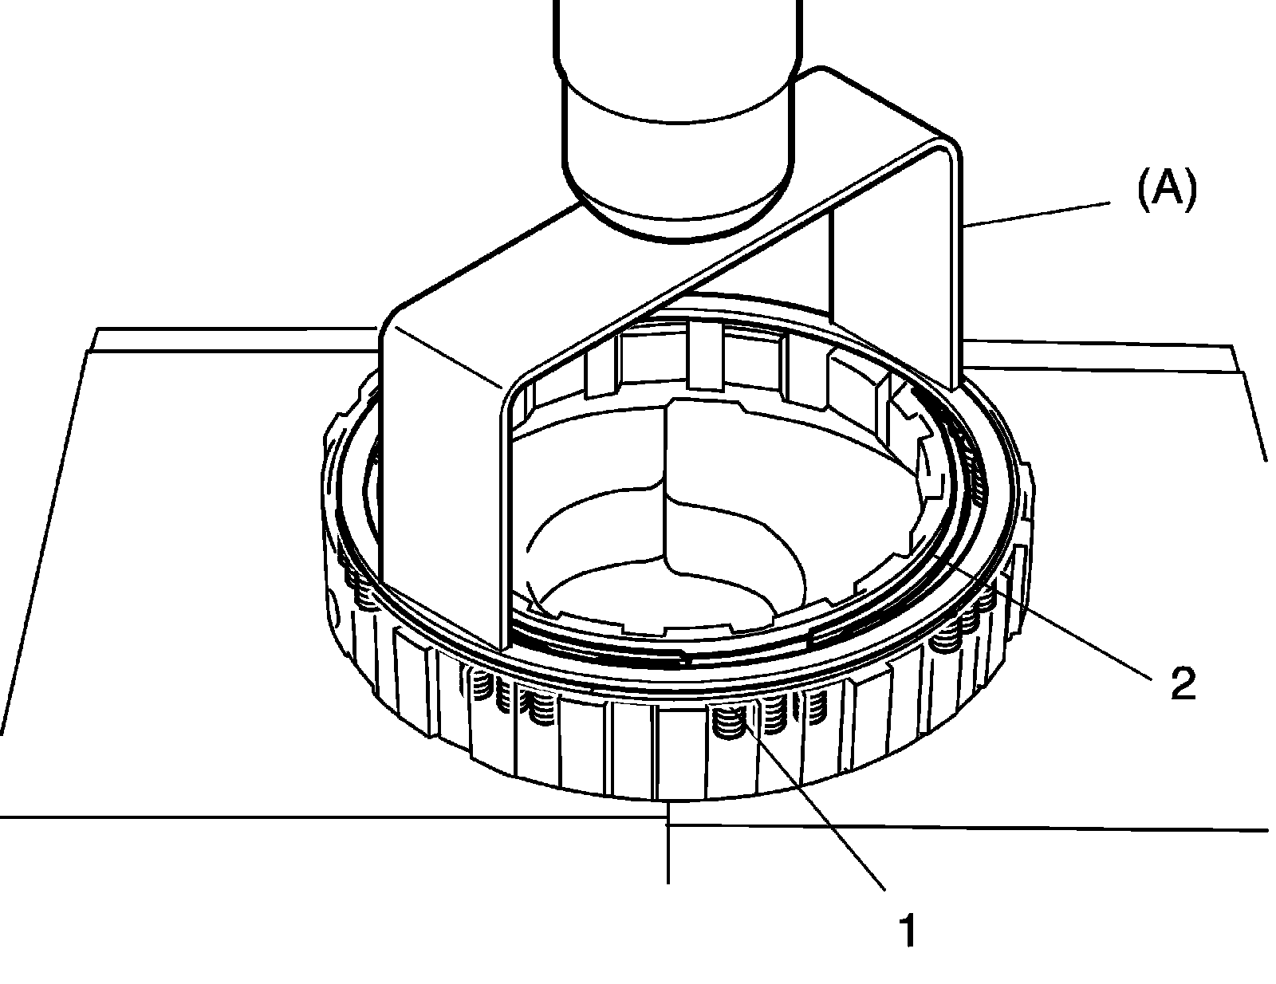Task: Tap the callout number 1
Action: point(908,931)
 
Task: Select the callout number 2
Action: point(1183,683)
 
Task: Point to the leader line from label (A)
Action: point(1037,215)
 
